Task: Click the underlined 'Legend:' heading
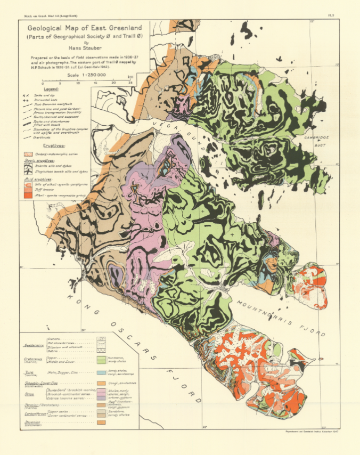(x=52, y=89)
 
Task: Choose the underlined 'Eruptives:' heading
(x=51, y=145)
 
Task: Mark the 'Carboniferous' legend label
(x=35, y=414)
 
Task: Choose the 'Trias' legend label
(x=29, y=394)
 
